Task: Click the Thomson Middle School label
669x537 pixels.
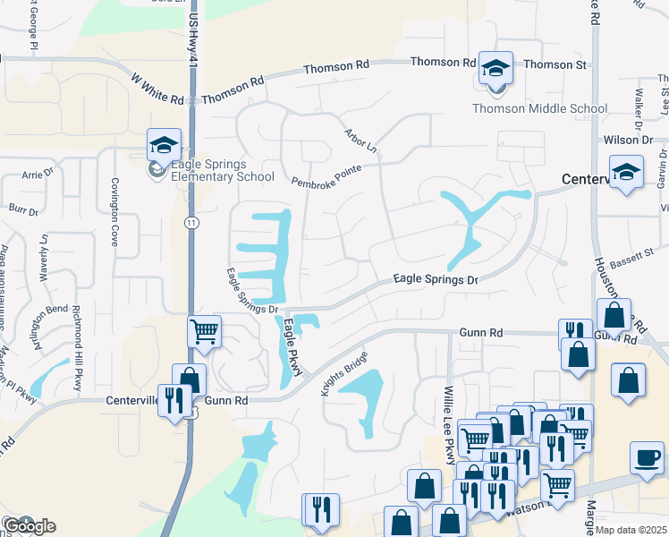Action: (539, 109)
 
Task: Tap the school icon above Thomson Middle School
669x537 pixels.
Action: (495, 68)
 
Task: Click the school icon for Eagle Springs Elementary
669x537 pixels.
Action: (165, 145)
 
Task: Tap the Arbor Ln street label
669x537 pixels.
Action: (361, 142)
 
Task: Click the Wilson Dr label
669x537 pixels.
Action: (628, 140)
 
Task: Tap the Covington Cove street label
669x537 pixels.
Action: (114, 199)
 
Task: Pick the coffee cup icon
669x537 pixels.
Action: (647, 457)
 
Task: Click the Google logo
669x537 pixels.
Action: (29, 526)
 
